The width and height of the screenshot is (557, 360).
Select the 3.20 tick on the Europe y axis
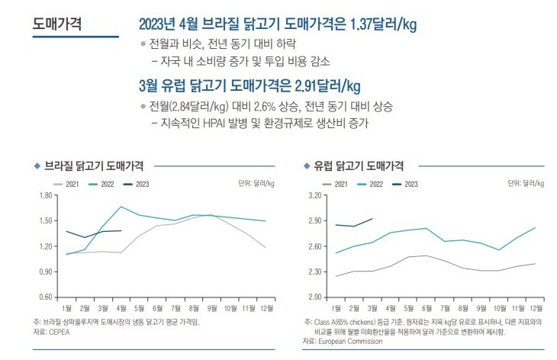point(314,196)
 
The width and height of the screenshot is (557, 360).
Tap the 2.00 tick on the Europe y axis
point(314,297)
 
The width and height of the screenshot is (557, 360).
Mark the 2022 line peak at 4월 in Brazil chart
point(121,207)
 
